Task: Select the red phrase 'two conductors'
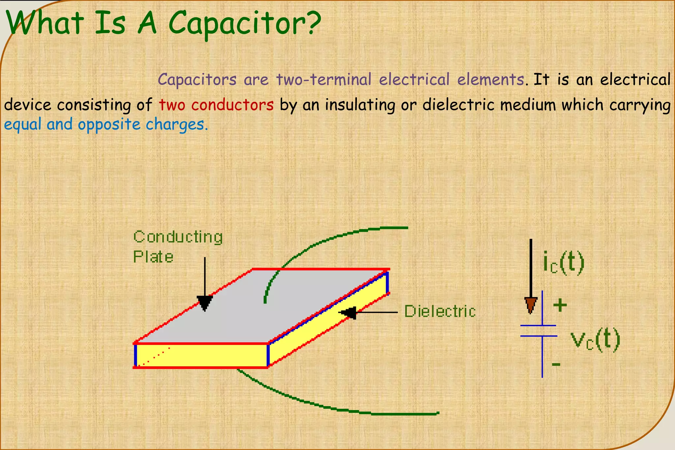[216, 105]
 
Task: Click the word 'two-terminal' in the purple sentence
[324, 79]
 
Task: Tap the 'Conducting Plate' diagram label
[178, 247]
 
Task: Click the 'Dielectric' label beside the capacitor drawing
[440, 311]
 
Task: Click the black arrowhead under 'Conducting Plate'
[205, 303]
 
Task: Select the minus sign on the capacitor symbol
[556, 364]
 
